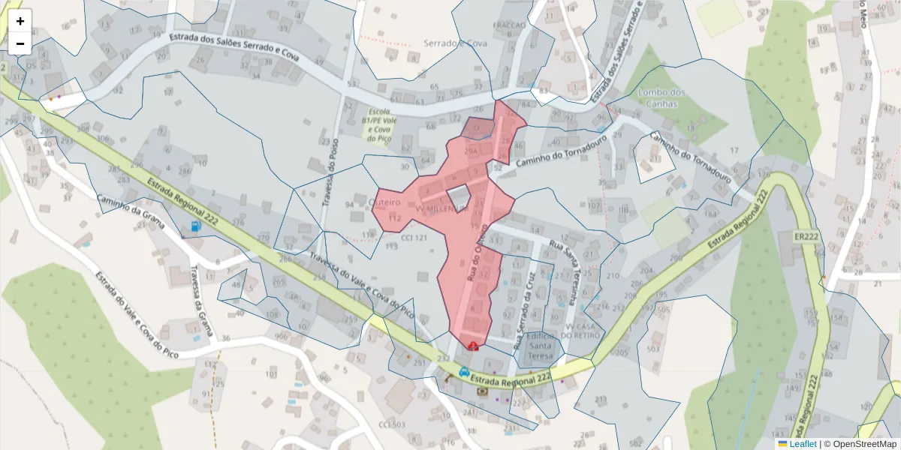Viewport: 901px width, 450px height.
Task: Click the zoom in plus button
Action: click(x=20, y=21)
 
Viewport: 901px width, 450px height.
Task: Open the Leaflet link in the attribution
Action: click(x=802, y=444)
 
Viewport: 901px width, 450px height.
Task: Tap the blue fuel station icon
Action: click(x=196, y=225)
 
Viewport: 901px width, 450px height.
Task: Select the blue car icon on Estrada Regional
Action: click(x=465, y=371)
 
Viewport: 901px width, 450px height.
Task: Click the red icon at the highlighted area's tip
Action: click(x=473, y=345)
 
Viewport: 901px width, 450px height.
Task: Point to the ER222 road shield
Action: click(x=806, y=237)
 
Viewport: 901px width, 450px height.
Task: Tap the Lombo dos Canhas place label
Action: click(x=658, y=97)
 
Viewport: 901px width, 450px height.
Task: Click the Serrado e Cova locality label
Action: click(x=456, y=43)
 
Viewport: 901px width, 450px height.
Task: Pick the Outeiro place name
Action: click(x=386, y=203)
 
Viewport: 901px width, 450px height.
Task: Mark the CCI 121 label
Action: click(x=414, y=237)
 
